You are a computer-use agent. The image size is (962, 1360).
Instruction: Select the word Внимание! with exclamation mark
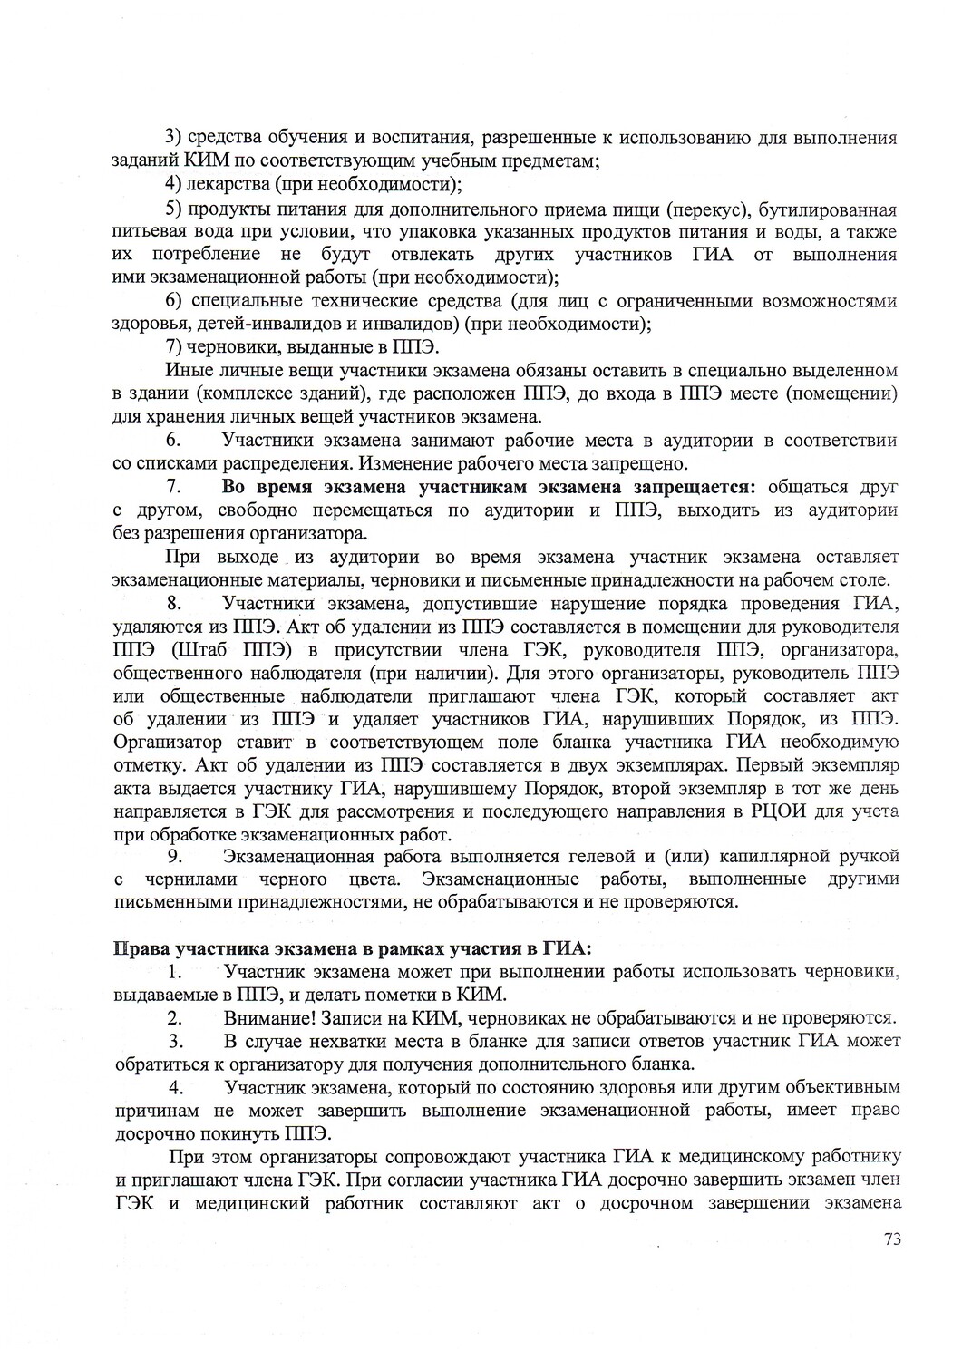pos(265,1016)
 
